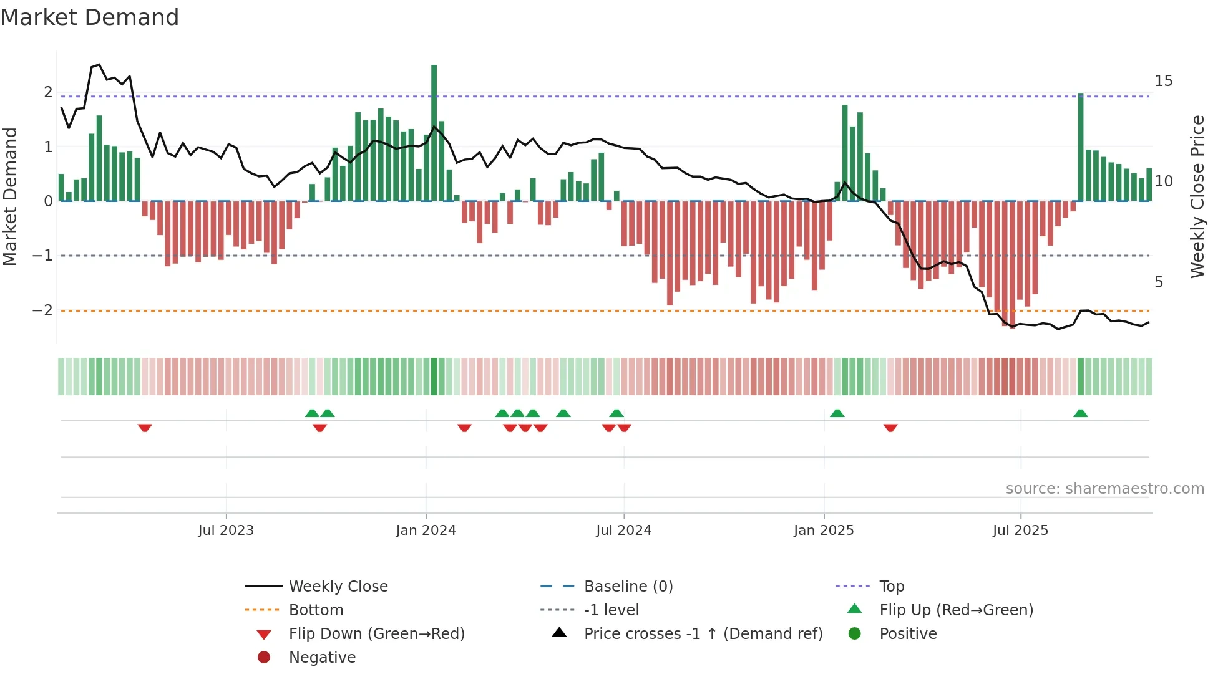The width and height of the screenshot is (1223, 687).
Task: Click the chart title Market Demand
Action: click(90, 17)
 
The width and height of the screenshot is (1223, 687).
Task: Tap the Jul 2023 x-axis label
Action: click(226, 531)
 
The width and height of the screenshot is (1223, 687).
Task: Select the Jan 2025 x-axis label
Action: click(823, 531)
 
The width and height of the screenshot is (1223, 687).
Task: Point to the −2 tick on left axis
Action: click(42, 310)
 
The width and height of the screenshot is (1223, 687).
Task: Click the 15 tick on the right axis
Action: click(1163, 81)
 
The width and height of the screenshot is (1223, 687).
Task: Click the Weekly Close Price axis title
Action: click(1197, 196)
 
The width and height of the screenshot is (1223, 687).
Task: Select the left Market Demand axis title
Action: click(11, 196)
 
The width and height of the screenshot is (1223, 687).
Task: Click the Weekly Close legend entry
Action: click(338, 587)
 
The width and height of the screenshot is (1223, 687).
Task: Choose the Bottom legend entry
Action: click(316, 610)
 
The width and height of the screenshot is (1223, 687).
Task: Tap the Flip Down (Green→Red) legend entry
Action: click(376, 634)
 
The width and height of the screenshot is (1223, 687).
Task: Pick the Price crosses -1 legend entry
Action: click(703, 634)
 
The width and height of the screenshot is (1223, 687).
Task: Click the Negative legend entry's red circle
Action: click(264, 658)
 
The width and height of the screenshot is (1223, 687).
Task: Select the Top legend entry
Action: click(892, 587)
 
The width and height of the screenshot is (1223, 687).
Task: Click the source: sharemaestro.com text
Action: click(1104, 489)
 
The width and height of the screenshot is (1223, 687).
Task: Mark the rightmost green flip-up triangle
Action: click(1081, 413)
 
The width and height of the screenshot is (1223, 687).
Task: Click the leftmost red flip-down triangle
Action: click(145, 428)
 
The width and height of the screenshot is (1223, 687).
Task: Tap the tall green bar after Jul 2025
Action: click(1081, 147)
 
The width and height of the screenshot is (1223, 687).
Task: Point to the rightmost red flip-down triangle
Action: click(890, 428)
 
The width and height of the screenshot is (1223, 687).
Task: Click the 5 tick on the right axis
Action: click(1159, 282)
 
